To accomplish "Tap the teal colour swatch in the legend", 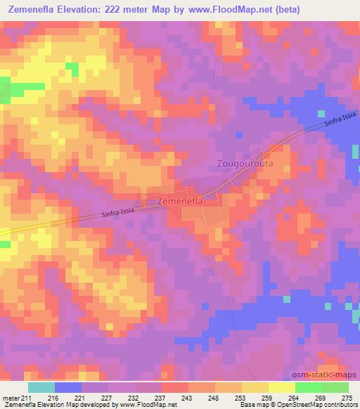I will point(41,387).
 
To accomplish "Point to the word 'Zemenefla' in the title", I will point(34,9).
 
